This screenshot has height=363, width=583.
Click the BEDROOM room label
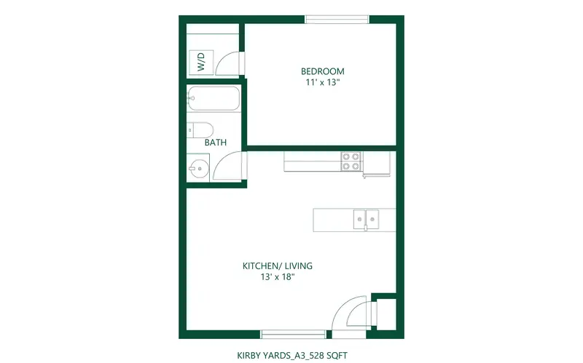[322, 71]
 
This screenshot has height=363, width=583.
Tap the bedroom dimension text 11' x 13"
[323, 82]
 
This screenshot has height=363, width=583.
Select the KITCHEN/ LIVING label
[278, 266]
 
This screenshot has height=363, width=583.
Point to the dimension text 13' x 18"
[278, 277]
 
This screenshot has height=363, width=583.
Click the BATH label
[216, 142]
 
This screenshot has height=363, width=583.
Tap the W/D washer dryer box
[201, 62]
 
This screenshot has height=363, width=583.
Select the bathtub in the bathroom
[214, 98]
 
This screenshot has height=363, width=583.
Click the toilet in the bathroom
[200, 130]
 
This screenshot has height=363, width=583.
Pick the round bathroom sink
[199, 169]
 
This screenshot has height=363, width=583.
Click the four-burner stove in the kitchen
[351, 161]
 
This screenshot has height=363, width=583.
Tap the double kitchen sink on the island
[366, 220]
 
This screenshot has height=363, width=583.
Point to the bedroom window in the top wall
[337, 20]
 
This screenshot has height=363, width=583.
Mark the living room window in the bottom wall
[294, 335]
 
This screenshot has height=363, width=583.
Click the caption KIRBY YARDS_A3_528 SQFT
[292, 355]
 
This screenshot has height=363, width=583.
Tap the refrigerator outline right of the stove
[377, 163]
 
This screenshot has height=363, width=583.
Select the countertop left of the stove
[313, 161]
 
